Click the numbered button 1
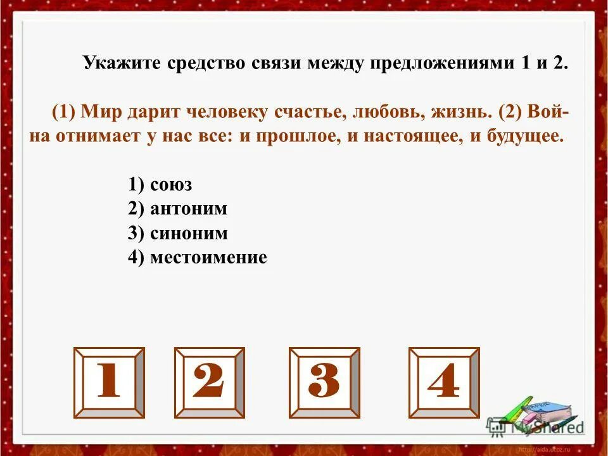click(109, 383)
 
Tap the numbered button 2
click(209, 383)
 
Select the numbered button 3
click(324, 383)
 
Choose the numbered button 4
click(443, 383)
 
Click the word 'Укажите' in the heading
click(122, 64)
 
